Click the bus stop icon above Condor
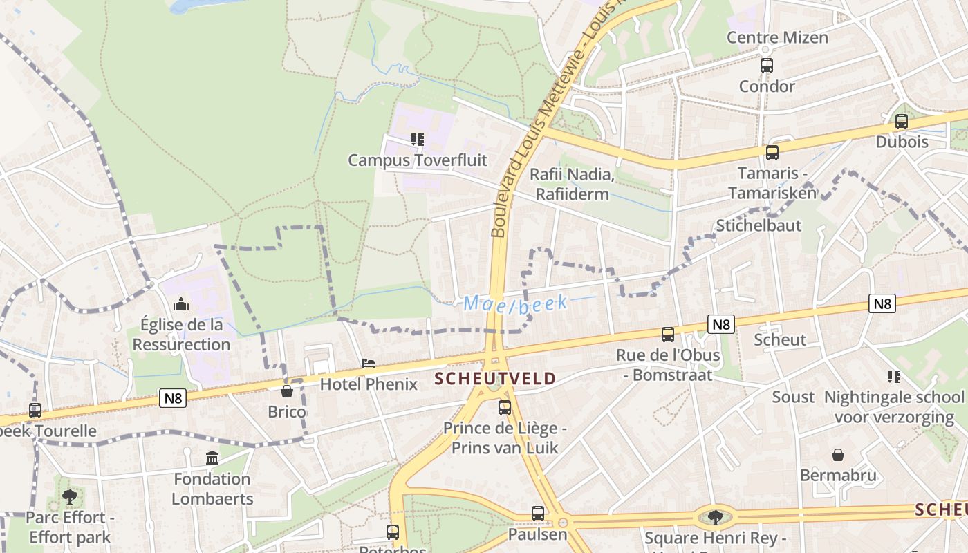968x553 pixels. coord(766,66)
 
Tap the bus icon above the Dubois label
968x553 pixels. coord(901,122)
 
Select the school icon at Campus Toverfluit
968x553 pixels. coord(417,140)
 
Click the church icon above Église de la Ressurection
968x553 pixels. coord(181,303)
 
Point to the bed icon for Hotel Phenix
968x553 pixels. coord(369,364)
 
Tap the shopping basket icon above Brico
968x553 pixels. coord(287,391)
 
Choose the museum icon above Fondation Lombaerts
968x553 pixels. coord(212,458)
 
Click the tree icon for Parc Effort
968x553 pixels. coord(69,496)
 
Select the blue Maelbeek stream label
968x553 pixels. coord(515,303)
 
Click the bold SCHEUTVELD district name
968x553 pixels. coord(495,379)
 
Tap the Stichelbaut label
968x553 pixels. coord(758,225)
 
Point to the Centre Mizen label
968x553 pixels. coord(776,37)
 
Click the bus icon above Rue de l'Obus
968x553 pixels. coord(667,335)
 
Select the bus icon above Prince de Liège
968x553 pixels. coord(505,407)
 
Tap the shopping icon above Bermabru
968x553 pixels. coord(838,455)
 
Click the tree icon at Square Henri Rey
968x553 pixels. coord(715,516)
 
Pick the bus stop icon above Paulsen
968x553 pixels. coord(538,513)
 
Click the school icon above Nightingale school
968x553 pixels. coord(893,377)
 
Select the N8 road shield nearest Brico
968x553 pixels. coord(173,398)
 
